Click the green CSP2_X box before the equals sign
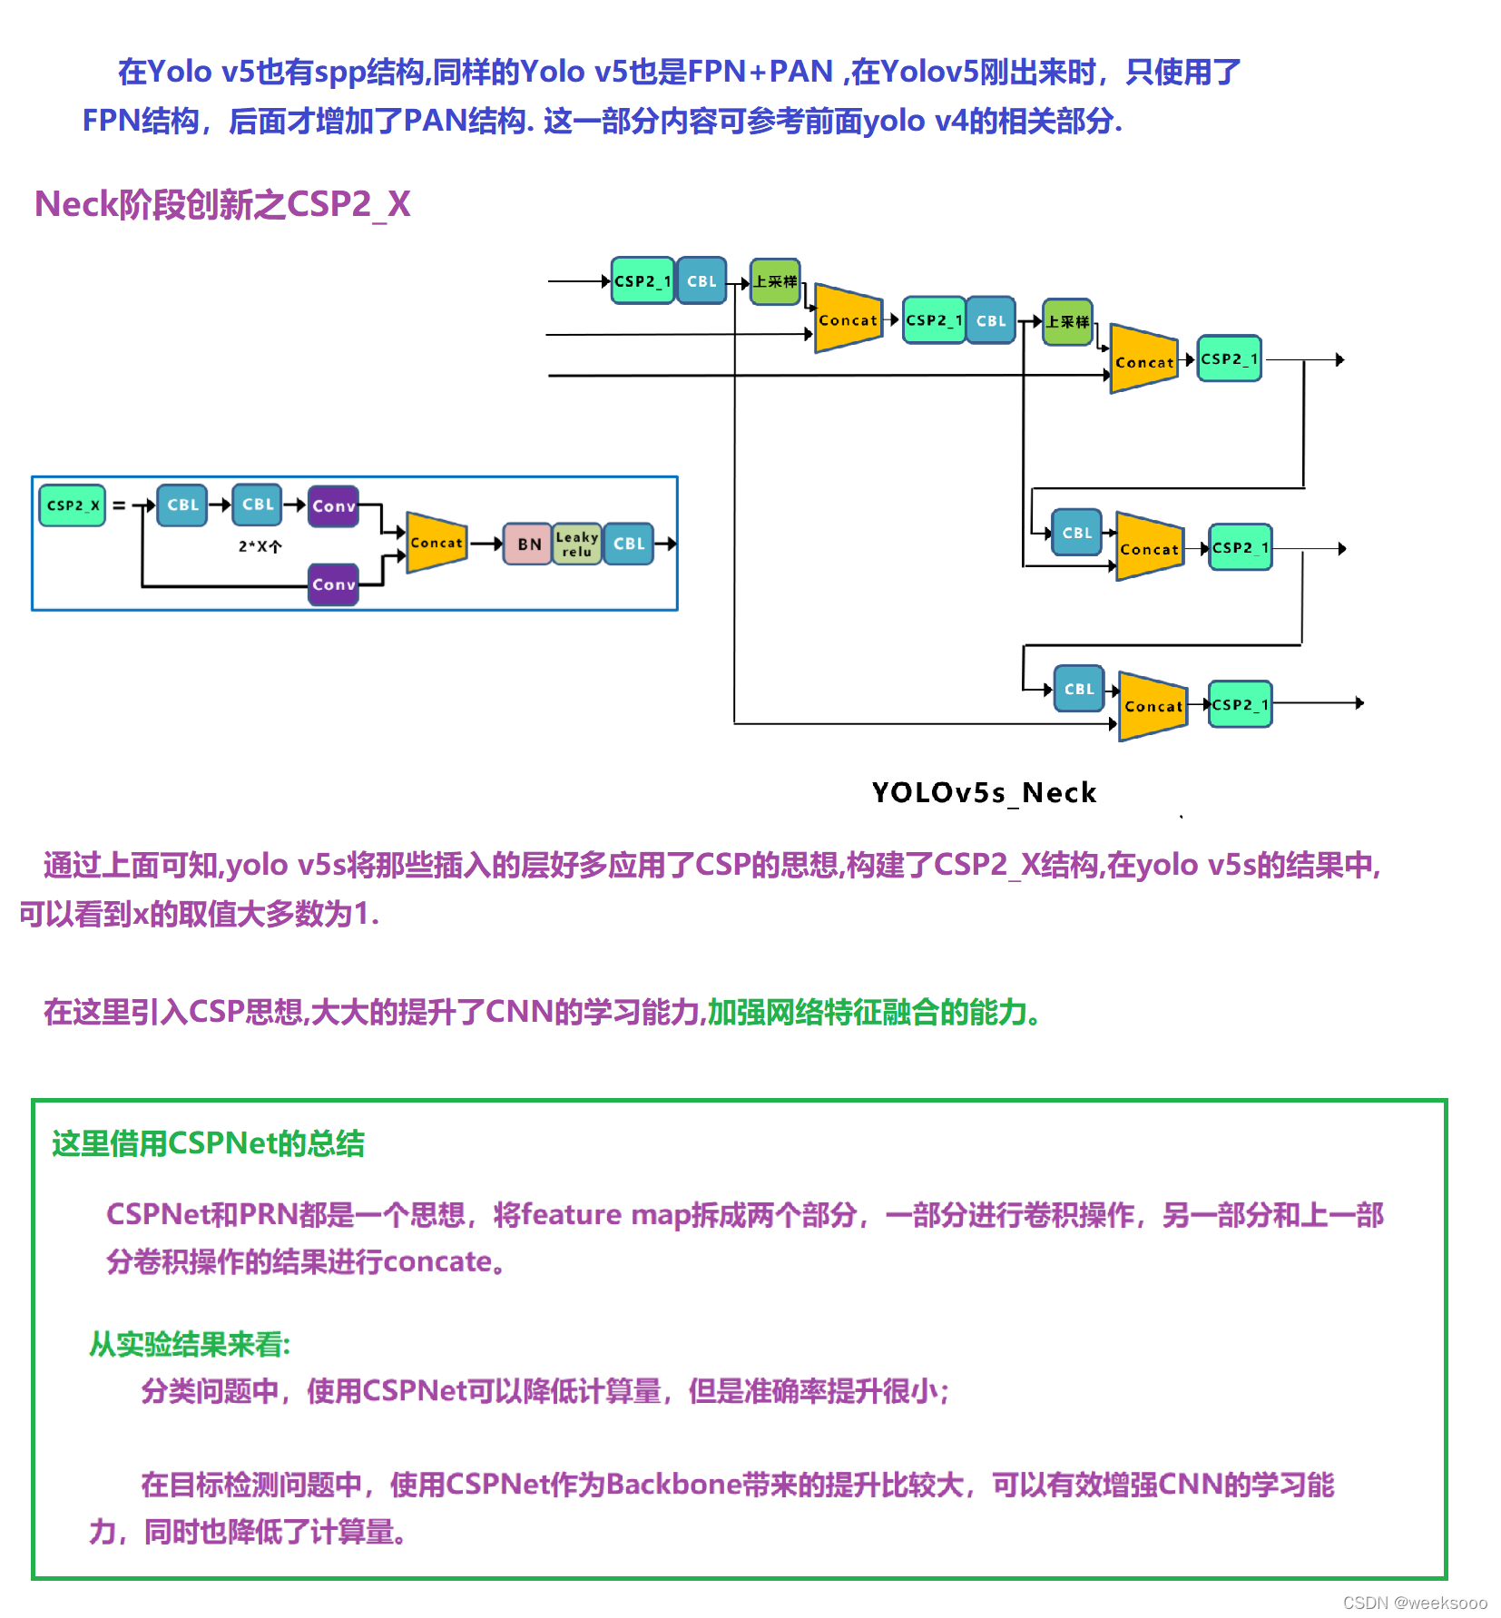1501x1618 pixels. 72,505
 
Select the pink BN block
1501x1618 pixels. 528,544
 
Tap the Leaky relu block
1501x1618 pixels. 576,544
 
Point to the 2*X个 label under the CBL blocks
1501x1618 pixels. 260,546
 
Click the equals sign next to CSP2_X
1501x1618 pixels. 119,505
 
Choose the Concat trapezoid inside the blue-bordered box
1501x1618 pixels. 437,543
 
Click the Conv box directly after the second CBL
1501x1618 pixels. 333,506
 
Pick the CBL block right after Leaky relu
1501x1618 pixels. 629,544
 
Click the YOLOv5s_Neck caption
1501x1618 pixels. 984,793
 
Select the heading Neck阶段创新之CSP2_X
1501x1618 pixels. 222,205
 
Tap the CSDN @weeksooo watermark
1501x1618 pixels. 1415,1603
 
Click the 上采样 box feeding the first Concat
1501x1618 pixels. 775,281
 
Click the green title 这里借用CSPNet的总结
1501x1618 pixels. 208,1143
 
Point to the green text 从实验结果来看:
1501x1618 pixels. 190,1344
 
